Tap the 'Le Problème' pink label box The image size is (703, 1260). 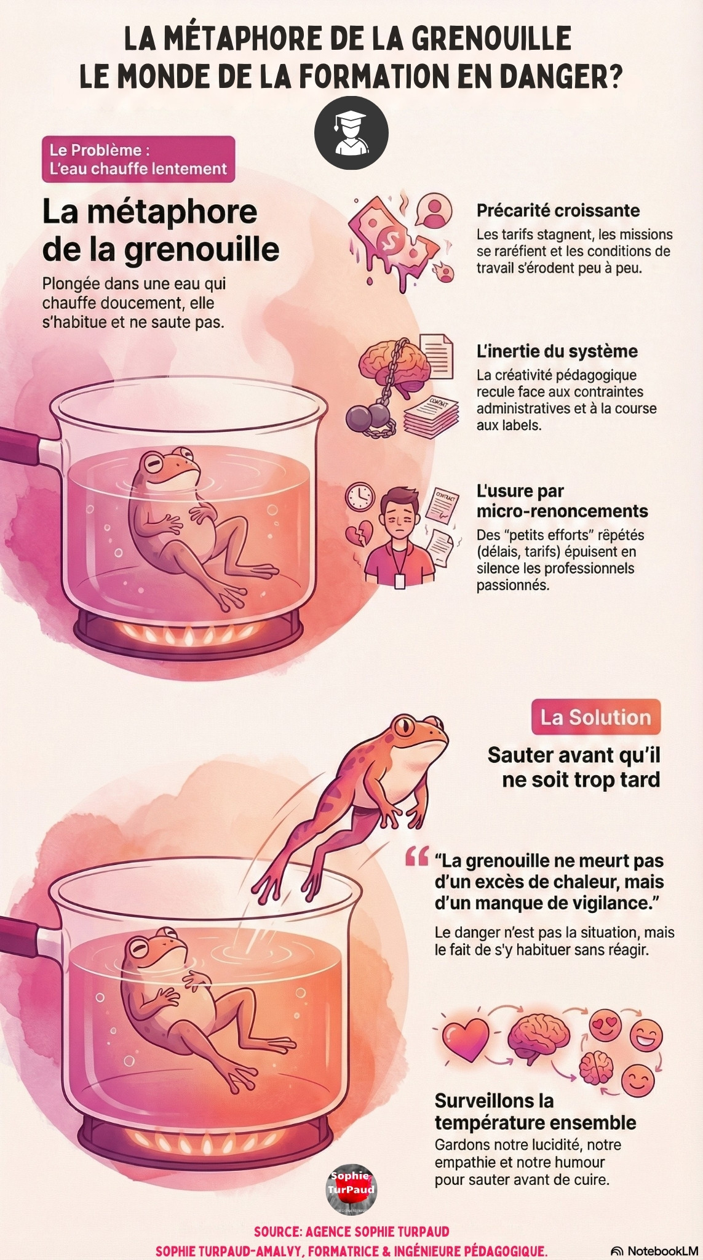(138, 159)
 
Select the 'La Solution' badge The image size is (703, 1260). (595, 717)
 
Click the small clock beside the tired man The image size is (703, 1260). (360, 496)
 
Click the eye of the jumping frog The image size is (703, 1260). (405, 727)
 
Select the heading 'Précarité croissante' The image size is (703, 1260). (558, 210)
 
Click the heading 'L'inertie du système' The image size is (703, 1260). (557, 351)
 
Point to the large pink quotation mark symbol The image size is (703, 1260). (416, 857)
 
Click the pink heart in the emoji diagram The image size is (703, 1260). (466, 1040)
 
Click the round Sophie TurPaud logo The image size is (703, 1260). (351, 1189)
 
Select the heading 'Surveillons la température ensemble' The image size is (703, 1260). (535, 1111)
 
